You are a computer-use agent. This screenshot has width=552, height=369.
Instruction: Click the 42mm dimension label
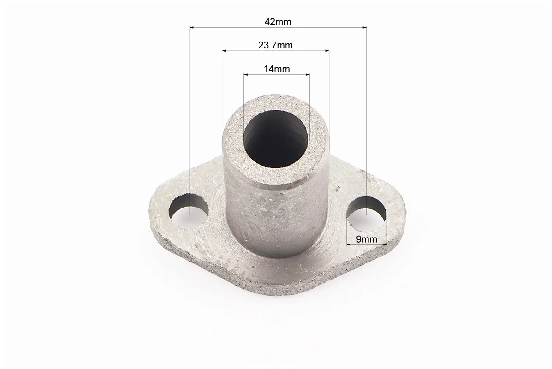(278, 22)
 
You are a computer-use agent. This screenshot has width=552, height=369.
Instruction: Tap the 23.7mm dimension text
(275, 45)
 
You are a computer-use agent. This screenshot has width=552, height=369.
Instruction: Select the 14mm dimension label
(277, 69)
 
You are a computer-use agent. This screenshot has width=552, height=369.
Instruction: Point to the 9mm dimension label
(367, 239)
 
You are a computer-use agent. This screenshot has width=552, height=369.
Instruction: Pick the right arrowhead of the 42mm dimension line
(364, 27)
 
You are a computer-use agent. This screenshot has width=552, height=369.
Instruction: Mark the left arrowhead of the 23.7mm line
(225, 51)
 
